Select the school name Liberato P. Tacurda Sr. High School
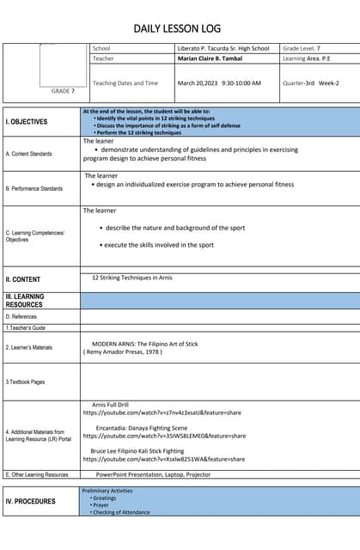[223, 49]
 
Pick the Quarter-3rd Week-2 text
[311, 83]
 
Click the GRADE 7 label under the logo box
[63, 91]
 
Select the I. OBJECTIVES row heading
[27, 122]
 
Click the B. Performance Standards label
[34, 188]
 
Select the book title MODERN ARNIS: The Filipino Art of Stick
[144, 344]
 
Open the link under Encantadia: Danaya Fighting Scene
[163, 436]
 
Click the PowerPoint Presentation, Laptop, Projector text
[153, 474]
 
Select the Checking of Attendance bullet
[120, 512]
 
